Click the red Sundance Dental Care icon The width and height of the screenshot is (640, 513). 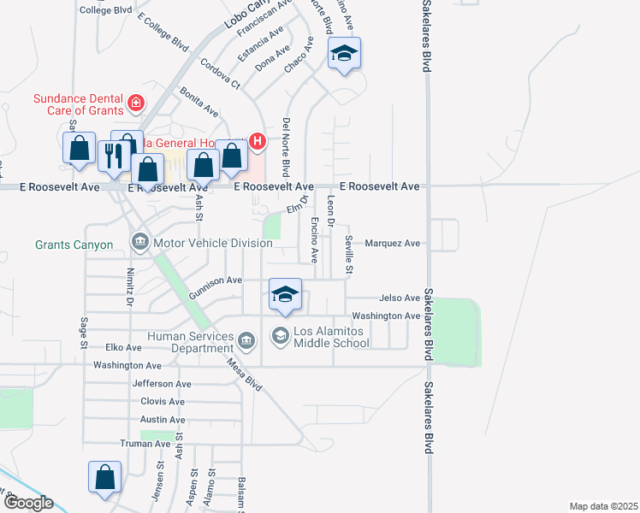pyautogui.click(x=135, y=104)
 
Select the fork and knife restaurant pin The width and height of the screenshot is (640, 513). pyautogui.click(x=112, y=156)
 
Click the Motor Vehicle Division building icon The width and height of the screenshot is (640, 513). pyautogui.click(x=140, y=244)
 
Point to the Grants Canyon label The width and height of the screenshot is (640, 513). pyautogui.click(x=74, y=245)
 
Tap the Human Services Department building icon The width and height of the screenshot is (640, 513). pyautogui.click(x=246, y=342)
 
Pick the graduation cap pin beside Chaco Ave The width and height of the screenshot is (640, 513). pyautogui.click(x=344, y=54)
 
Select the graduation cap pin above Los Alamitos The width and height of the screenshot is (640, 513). pyautogui.click(x=285, y=296)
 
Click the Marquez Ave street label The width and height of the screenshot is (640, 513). pyautogui.click(x=393, y=244)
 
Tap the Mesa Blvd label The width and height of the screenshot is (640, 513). pyautogui.click(x=244, y=373)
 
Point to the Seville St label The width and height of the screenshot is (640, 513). pyautogui.click(x=349, y=256)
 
